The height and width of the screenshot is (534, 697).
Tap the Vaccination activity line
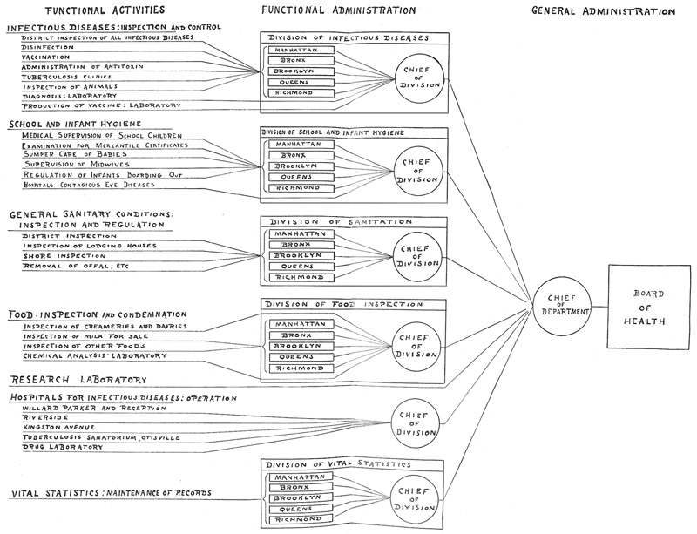pyautogui.click(x=51, y=57)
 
